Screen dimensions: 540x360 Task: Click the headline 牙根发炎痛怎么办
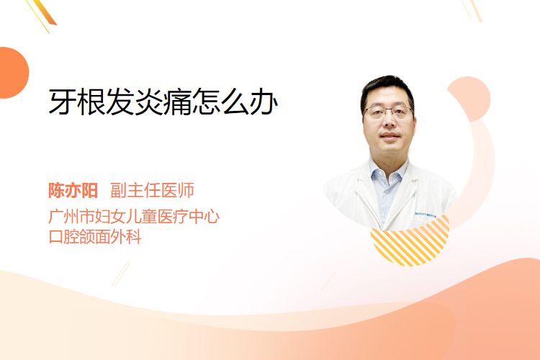pyautogui.click(x=163, y=102)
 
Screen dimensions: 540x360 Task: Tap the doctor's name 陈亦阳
pyautogui.click(x=73, y=190)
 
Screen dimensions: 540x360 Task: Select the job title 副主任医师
pyautogui.click(x=152, y=190)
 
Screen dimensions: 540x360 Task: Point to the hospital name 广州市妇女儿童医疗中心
pyautogui.click(x=134, y=217)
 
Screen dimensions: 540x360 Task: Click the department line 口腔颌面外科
pyautogui.click(x=95, y=237)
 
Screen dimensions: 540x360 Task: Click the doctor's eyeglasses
pyautogui.click(x=389, y=112)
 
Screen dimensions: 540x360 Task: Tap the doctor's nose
pyautogui.click(x=389, y=120)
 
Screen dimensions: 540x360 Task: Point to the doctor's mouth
pyautogui.click(x=390, y=135)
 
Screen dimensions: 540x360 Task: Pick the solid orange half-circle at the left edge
pyautogui.click(x=14, y=73)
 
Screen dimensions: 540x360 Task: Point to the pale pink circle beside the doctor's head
pyautogui.click(x=469, y=99)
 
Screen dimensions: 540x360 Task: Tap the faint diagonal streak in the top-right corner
pyautogui.click(x=472, y=10)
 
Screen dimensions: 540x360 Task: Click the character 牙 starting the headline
pyautogui.click(x=63, y=102)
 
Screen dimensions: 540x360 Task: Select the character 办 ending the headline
pyautogui.click(x=264, y=102)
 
